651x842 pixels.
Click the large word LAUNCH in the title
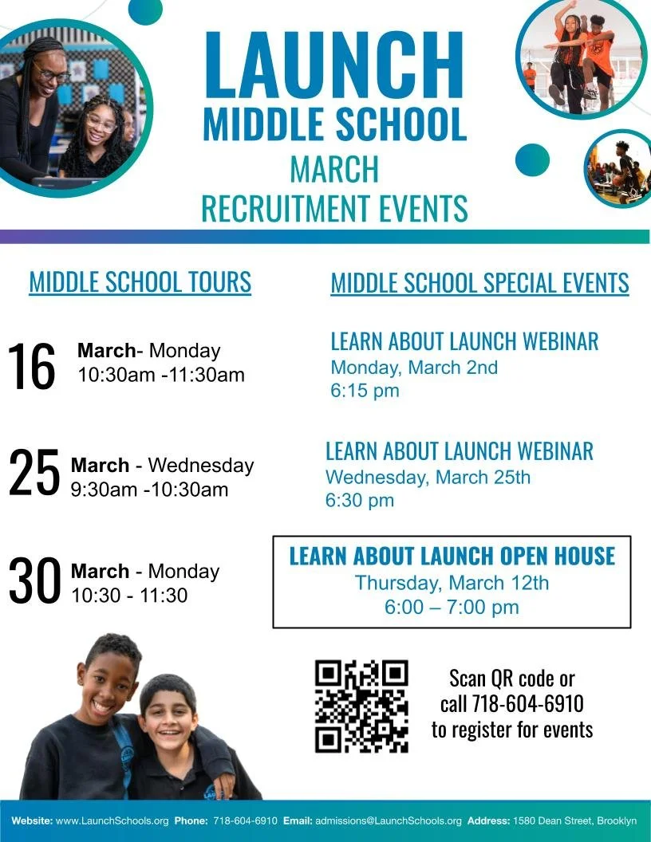(x=334, y=65)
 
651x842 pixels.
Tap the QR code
(x=361, y=706)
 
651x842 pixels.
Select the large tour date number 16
(x=32, y=366)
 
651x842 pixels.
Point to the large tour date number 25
(x=34, y=472)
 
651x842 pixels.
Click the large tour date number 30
(x=34, y=580)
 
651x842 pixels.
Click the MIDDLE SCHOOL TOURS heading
(x=140, y=281)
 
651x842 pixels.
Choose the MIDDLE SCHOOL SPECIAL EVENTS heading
(x=479, y=283)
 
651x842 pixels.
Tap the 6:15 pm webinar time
(x=365, y=391)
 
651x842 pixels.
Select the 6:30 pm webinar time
(x=360, y=501)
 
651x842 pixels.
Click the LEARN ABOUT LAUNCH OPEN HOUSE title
(x=452, y=556)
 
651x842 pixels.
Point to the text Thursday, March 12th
(x=452, y=582)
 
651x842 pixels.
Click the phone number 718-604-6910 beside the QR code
(x=527, y=704)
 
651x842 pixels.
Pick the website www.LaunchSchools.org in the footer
(x=112, y=820)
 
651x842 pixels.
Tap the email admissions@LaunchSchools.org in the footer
(x=389, y=820)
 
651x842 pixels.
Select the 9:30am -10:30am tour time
(x=149, y=489)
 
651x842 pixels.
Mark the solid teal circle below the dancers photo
(x=532, y=160)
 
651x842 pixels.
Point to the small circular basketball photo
(x=618, y=169)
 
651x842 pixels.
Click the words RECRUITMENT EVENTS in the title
(x=334, y=208)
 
